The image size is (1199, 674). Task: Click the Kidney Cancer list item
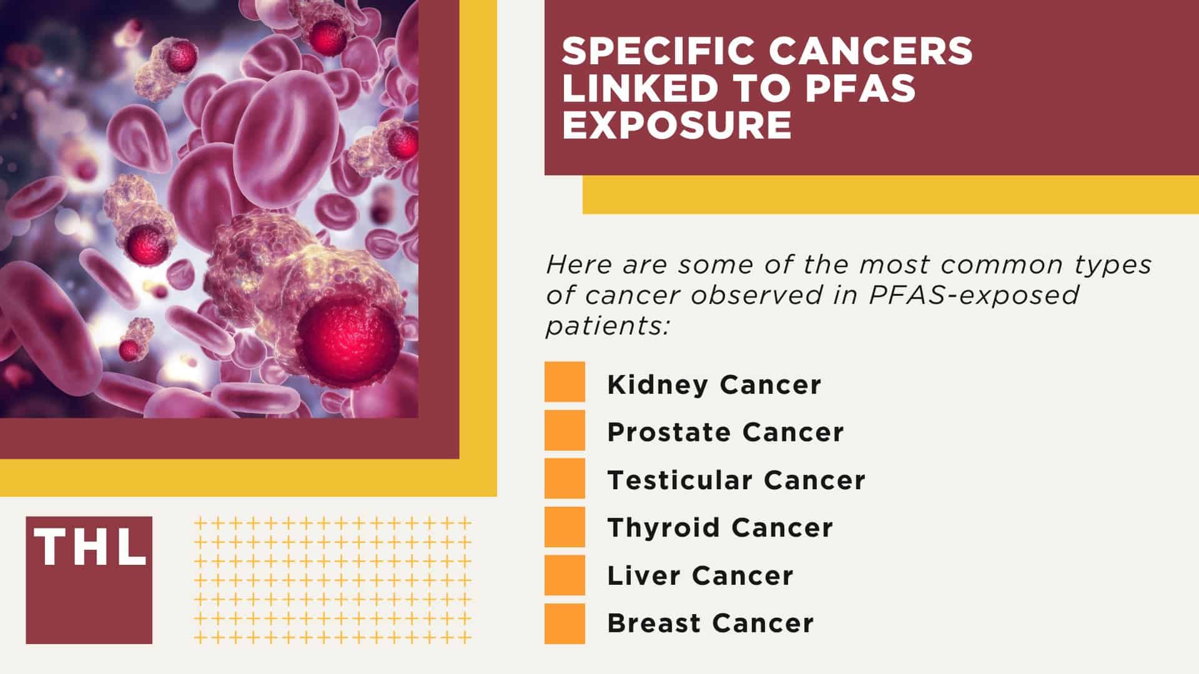click(x=714, y=384)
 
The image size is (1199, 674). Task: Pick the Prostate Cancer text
click(x=725, y=432)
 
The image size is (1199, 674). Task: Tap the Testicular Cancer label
click(x=736, y=480)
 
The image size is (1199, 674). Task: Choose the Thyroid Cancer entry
click(x=720, y=528)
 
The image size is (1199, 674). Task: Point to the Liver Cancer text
click(x=700, y=575)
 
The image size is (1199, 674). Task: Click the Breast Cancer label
click(x=710, y=623)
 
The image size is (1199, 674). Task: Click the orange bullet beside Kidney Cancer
click(x=565, y=382)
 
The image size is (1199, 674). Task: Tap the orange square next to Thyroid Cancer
click(x=565, y=527)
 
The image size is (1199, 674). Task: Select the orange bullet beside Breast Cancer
click(x=565, y=623)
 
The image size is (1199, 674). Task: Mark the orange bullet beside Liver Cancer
click(x=565, y=575)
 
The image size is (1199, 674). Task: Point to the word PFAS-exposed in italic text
click(x=974, y=295)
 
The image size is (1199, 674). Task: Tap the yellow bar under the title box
click(x=890, y=195)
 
